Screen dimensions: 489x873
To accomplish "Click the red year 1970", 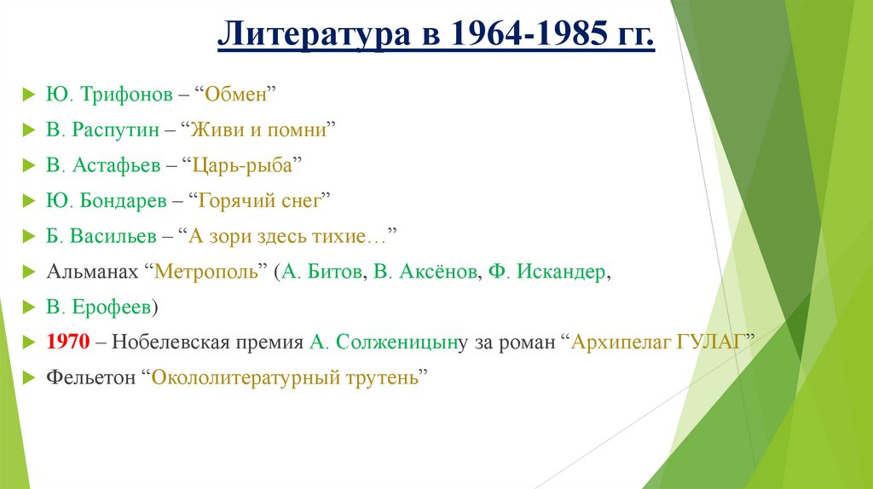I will pyautogui.click(x=68, y=342).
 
